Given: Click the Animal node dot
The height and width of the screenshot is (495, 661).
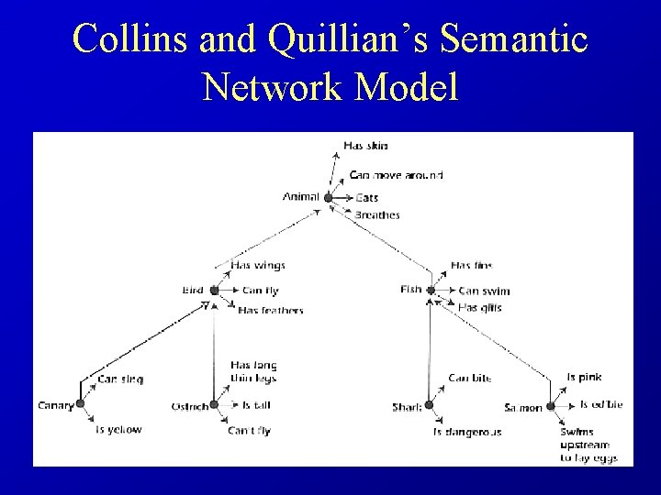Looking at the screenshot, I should [x=328, y=197].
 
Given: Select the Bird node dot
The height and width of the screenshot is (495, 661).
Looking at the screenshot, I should [x=214, y=291].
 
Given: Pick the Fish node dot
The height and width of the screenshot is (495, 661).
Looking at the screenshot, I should [x=430, y=291].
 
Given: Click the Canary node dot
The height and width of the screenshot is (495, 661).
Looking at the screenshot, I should [x=80, y=404].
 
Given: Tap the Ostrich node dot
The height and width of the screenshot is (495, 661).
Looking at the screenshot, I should [x=214, y=404].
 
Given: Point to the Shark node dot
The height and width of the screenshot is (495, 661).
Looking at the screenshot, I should [x=429, y=405].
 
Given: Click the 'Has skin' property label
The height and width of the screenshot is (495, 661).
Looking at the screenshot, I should [x=365, y=145].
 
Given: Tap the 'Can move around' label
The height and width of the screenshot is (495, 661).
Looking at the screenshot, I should [x=396, y=175].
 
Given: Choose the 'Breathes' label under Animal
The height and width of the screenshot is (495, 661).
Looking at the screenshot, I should [x=377, y=215].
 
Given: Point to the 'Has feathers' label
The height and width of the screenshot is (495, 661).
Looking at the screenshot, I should [x=270, y=311].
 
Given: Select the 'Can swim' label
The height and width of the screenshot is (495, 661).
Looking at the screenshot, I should [x=484, y=291].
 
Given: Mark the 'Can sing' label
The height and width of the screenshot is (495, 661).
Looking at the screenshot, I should [x=120, y=379].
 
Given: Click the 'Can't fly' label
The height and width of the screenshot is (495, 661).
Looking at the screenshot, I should [x=250, y=430].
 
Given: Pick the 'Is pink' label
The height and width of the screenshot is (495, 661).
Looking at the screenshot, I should [x=584, y=377].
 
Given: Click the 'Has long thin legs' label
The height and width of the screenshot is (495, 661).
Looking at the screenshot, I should [x=253, y=371].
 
